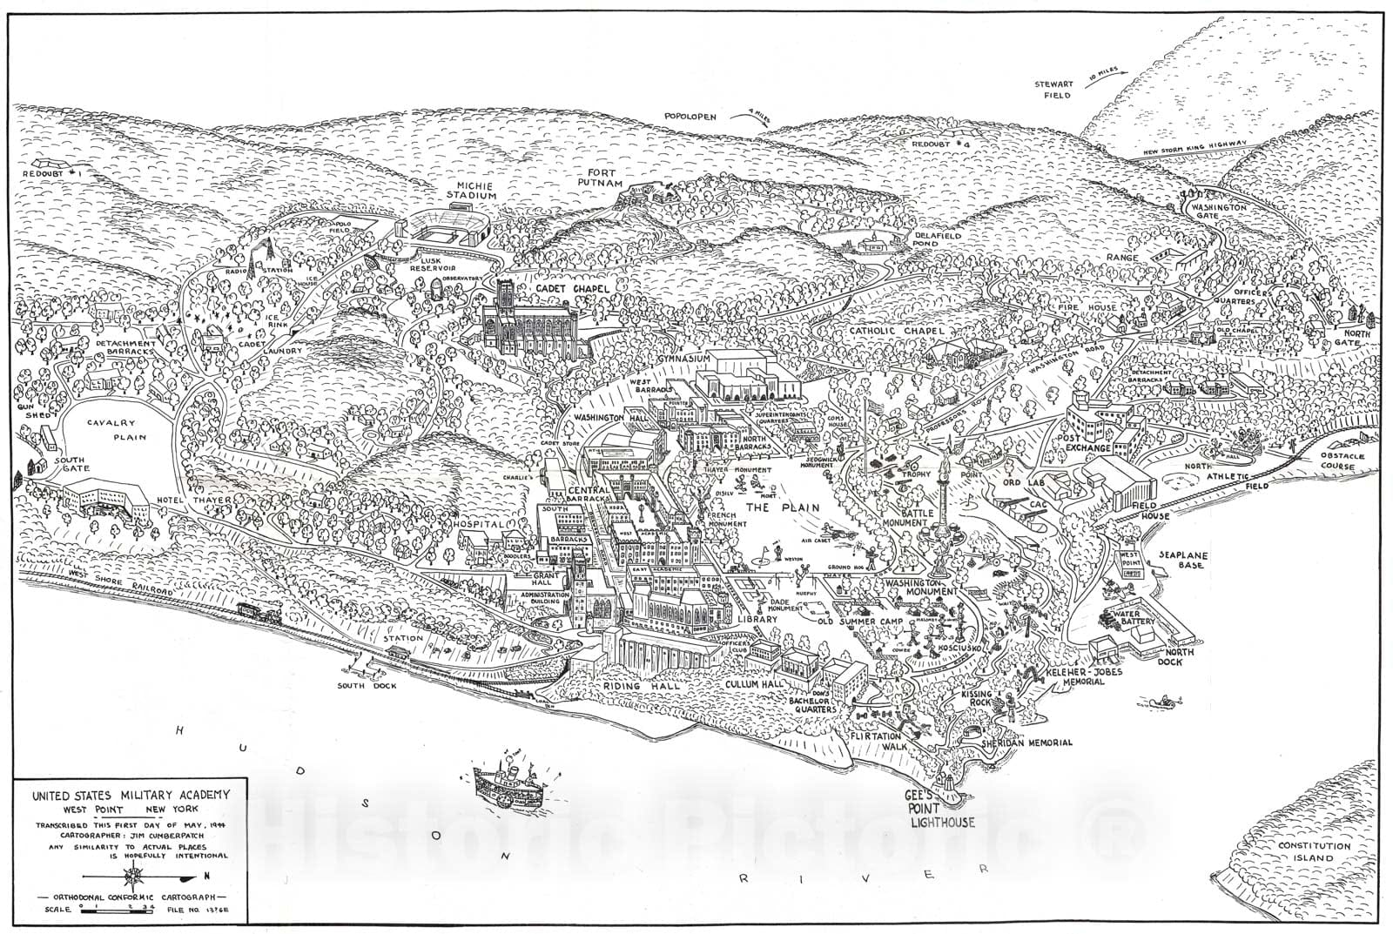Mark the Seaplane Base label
click(1180, 559)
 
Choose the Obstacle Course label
click(1329, 460)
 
